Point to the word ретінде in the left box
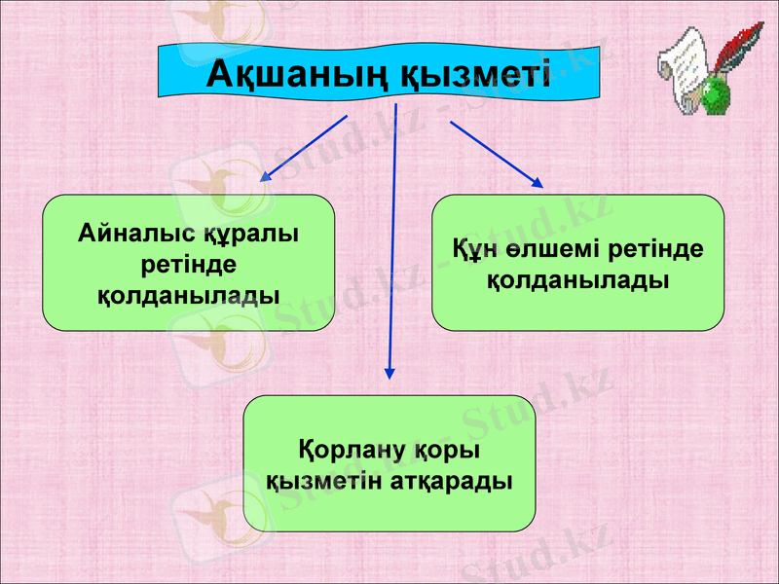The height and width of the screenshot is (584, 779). [188, 264]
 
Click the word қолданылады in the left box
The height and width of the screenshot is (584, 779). [188, 293]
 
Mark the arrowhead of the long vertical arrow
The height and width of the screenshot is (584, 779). [389, 372]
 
